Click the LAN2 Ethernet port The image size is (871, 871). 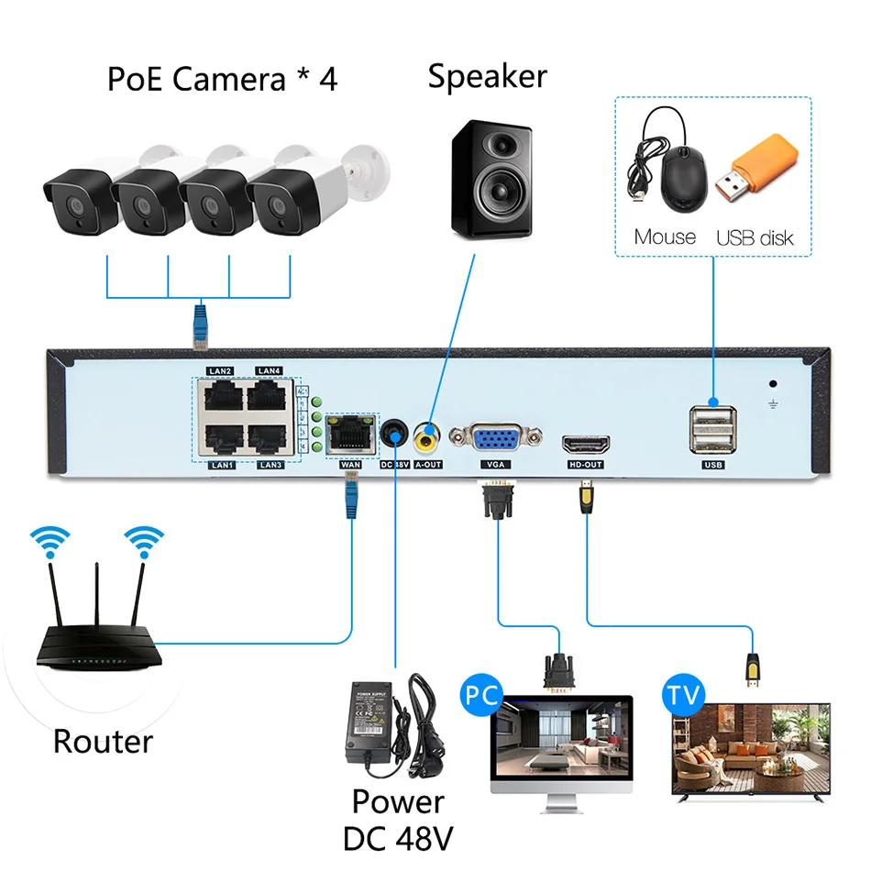pos(221,396)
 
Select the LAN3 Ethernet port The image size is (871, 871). pos(270,440)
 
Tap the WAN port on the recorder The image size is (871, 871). pos(350,434)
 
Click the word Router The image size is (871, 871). pos(103,740)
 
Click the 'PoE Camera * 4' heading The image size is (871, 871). pos(223,79)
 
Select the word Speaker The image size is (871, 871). pos(487,75)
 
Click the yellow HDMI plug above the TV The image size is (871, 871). pos(753,671)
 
